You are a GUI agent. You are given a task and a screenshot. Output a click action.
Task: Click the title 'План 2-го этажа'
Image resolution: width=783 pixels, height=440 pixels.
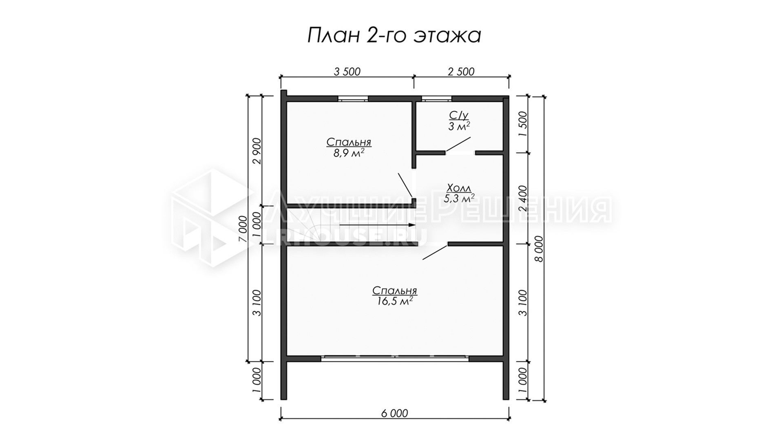394,36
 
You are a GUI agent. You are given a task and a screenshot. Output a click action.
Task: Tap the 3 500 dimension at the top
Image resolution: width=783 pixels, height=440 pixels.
347,72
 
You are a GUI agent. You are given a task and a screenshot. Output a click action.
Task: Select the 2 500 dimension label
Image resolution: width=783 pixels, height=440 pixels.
461,72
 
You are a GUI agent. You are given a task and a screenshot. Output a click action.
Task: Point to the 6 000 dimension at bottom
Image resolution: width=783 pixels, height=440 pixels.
394,413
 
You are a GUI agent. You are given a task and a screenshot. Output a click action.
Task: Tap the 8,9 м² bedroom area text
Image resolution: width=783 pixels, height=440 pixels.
349,153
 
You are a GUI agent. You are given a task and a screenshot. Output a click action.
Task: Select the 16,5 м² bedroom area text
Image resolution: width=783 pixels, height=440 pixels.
394,301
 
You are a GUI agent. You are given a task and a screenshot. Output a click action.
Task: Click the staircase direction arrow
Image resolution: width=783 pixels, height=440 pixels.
377,224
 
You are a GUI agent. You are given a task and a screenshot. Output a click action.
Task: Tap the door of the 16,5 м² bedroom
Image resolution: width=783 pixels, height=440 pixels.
436,251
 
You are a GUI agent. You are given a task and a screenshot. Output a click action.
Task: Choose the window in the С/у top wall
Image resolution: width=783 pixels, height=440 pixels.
437,98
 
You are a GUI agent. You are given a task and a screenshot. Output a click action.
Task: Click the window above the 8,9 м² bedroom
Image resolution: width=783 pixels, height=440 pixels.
353,98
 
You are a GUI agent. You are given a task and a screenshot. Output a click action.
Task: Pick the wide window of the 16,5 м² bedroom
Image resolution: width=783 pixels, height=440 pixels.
395,358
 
